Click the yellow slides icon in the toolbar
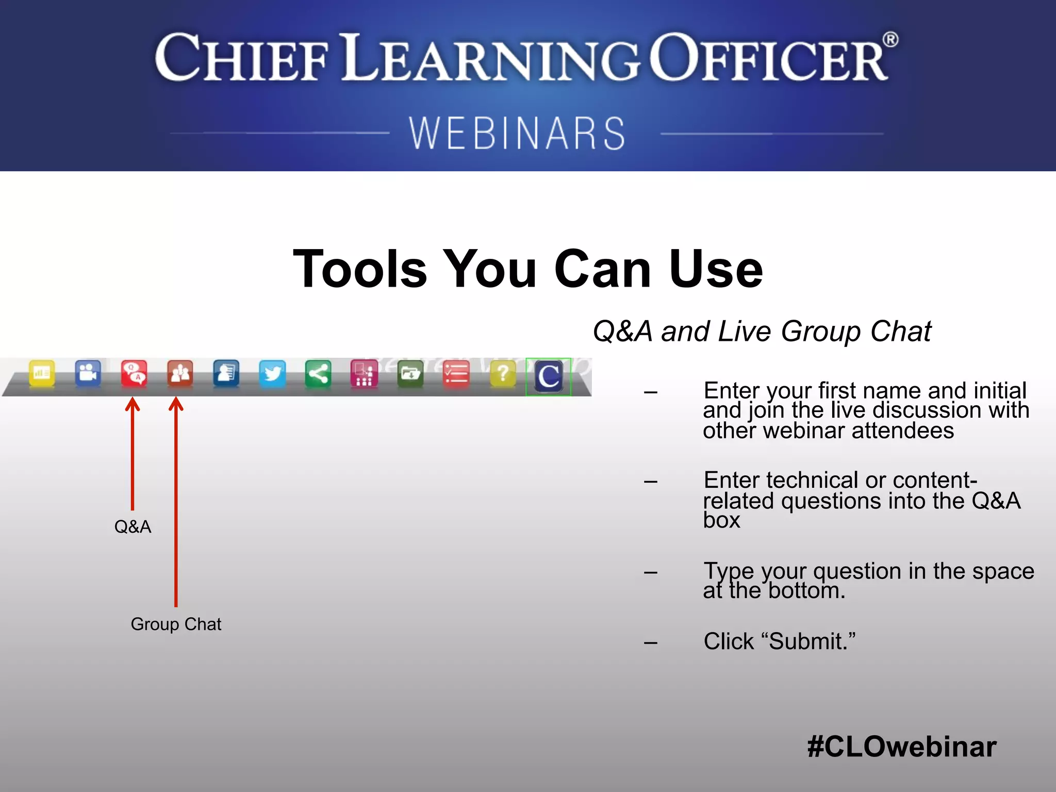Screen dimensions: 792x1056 [42, 373]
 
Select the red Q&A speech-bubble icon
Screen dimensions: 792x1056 [134, 373]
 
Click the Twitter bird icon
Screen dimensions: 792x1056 [272, 373]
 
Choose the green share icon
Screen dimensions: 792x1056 [318, 373]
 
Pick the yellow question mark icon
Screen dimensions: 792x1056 [503, 373]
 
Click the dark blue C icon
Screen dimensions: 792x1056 [549, 376]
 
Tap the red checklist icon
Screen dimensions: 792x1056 [456, 373]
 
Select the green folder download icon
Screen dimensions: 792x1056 [410, 373]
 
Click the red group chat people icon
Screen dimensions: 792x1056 [180, 373]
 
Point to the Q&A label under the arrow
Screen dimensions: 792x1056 [133, 526]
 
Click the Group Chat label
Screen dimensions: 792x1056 [176, 624]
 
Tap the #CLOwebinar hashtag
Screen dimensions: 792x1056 [901, 747]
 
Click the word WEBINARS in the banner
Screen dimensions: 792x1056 [517, 133]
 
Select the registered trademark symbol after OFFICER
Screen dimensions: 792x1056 [890, 40]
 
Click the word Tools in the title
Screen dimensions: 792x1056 [360, 269]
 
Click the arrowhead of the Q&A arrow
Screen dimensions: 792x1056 [133, 403]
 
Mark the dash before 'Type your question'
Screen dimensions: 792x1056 [651, 572]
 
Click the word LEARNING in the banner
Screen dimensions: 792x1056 [490, 58]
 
